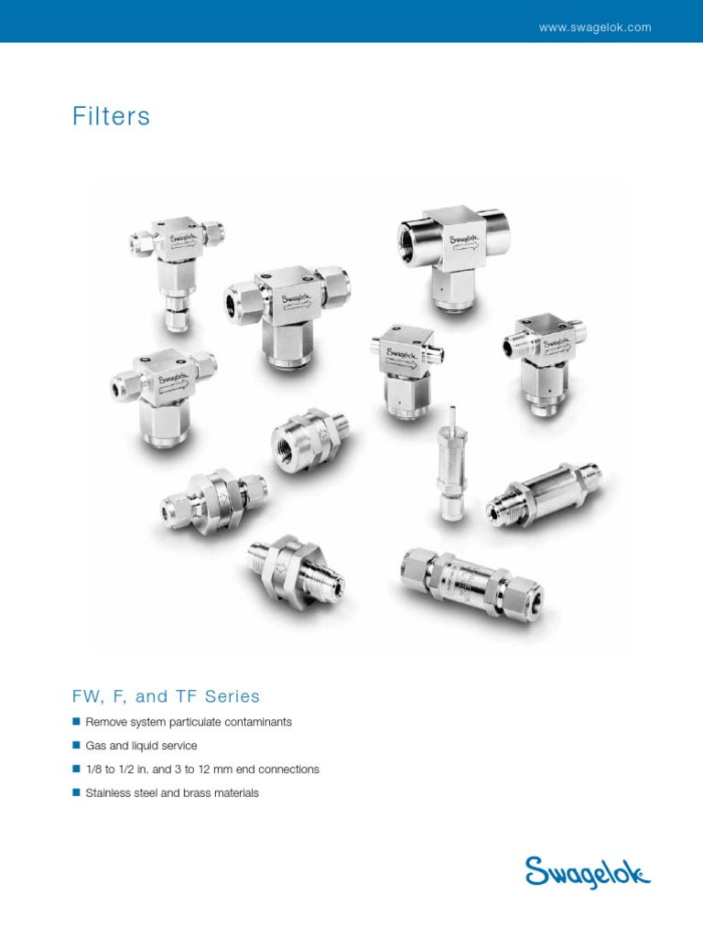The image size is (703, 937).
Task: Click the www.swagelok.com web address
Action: pos(595,27)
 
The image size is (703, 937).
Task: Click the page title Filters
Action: pos(111,117)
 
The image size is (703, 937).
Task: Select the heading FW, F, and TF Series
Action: pos(166,696)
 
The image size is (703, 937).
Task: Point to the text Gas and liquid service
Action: pos(141,746)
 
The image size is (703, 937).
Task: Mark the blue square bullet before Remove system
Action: pos(77,722)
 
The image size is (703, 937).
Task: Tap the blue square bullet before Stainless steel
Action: pos(77,793)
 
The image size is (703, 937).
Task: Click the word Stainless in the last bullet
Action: pos(109,793)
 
